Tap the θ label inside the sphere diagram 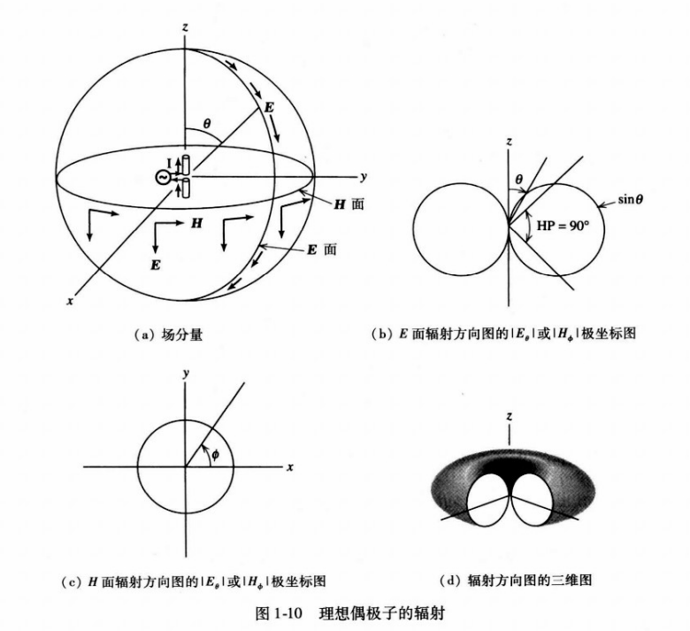pyautogui.click(x=206, y=125)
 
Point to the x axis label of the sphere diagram pyautogui.click(x=69, y=301)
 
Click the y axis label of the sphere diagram pyautogui.click(x=364, y=174)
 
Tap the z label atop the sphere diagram pyautogui.click(x=184, y=27)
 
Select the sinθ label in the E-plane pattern pyautogui.click(x=630, y=200)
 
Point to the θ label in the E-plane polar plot pyautogui.click(x=519, y=179)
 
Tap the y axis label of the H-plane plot pyautogui.click(x=186, y=373)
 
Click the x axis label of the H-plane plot pyautogui.click(x=289, y=466)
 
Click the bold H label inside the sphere pyautogui.click(x=195, y=224)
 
